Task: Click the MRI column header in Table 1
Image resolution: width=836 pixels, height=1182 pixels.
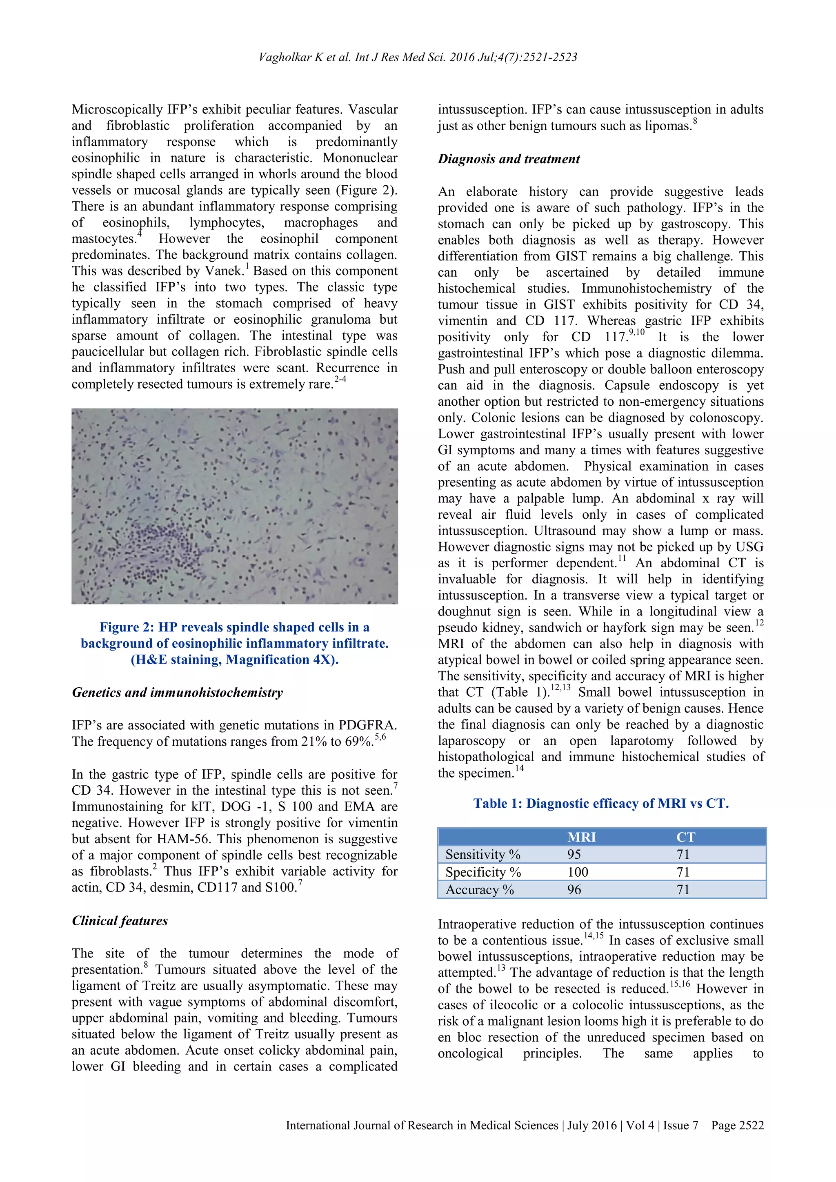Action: coord(581,837)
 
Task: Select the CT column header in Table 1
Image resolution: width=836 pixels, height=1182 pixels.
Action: coord(685,837)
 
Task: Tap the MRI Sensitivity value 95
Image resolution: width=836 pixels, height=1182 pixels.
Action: coord(574,855)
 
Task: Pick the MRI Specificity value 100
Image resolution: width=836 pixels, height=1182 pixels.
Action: coord(578,872)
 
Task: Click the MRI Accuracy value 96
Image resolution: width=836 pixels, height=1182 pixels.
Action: coord(574,890)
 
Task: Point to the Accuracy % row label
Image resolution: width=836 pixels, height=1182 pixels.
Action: coord(479,890)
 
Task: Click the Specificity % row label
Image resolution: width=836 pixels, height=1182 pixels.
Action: coord(483,872)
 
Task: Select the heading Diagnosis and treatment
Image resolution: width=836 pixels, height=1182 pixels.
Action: coord(509,159)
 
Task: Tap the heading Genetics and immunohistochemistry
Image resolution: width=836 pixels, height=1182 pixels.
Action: coord(177,692)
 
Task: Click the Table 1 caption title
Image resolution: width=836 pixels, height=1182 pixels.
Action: coord(601,804)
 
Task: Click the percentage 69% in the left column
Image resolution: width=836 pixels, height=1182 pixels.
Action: coord(358,742)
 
